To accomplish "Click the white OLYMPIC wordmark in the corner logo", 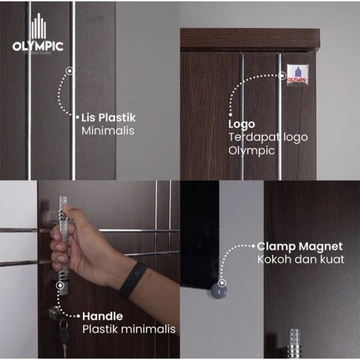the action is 38,46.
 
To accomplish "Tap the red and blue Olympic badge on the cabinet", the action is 297,75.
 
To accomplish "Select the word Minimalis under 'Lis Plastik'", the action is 108,130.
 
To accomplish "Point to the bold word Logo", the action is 242,125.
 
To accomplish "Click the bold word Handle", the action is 103,316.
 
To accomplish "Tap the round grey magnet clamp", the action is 219,291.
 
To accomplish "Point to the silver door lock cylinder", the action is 54,312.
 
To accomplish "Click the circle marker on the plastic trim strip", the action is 70,71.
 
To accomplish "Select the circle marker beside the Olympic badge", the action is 283,75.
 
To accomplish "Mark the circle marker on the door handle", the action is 60,285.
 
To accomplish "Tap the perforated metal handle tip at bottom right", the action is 294,344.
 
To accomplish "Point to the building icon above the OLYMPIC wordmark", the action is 39,26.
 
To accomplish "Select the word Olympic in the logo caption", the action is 252,151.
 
